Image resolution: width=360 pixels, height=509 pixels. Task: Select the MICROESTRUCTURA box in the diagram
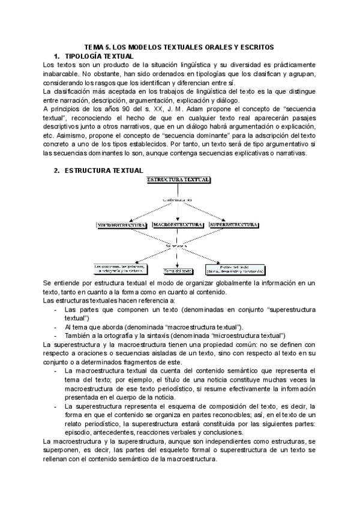[x=122, y=225]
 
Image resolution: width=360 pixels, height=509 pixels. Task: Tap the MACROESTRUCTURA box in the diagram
[x=177, y=224]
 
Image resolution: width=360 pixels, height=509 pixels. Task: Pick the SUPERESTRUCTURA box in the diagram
[x=233, y=224]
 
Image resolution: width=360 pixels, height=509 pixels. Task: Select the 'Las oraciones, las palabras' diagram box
[x=121, y=268]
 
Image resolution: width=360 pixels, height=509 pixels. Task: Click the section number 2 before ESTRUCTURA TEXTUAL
[x=56, y=170]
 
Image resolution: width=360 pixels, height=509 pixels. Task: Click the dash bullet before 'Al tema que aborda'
[x=56, y=327]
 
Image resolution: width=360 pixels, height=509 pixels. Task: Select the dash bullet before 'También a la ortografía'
[x=56, y=335]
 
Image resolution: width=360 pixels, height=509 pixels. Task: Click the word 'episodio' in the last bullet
[x=79, y=433]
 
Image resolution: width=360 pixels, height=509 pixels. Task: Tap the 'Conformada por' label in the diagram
[x=178, y=199]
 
